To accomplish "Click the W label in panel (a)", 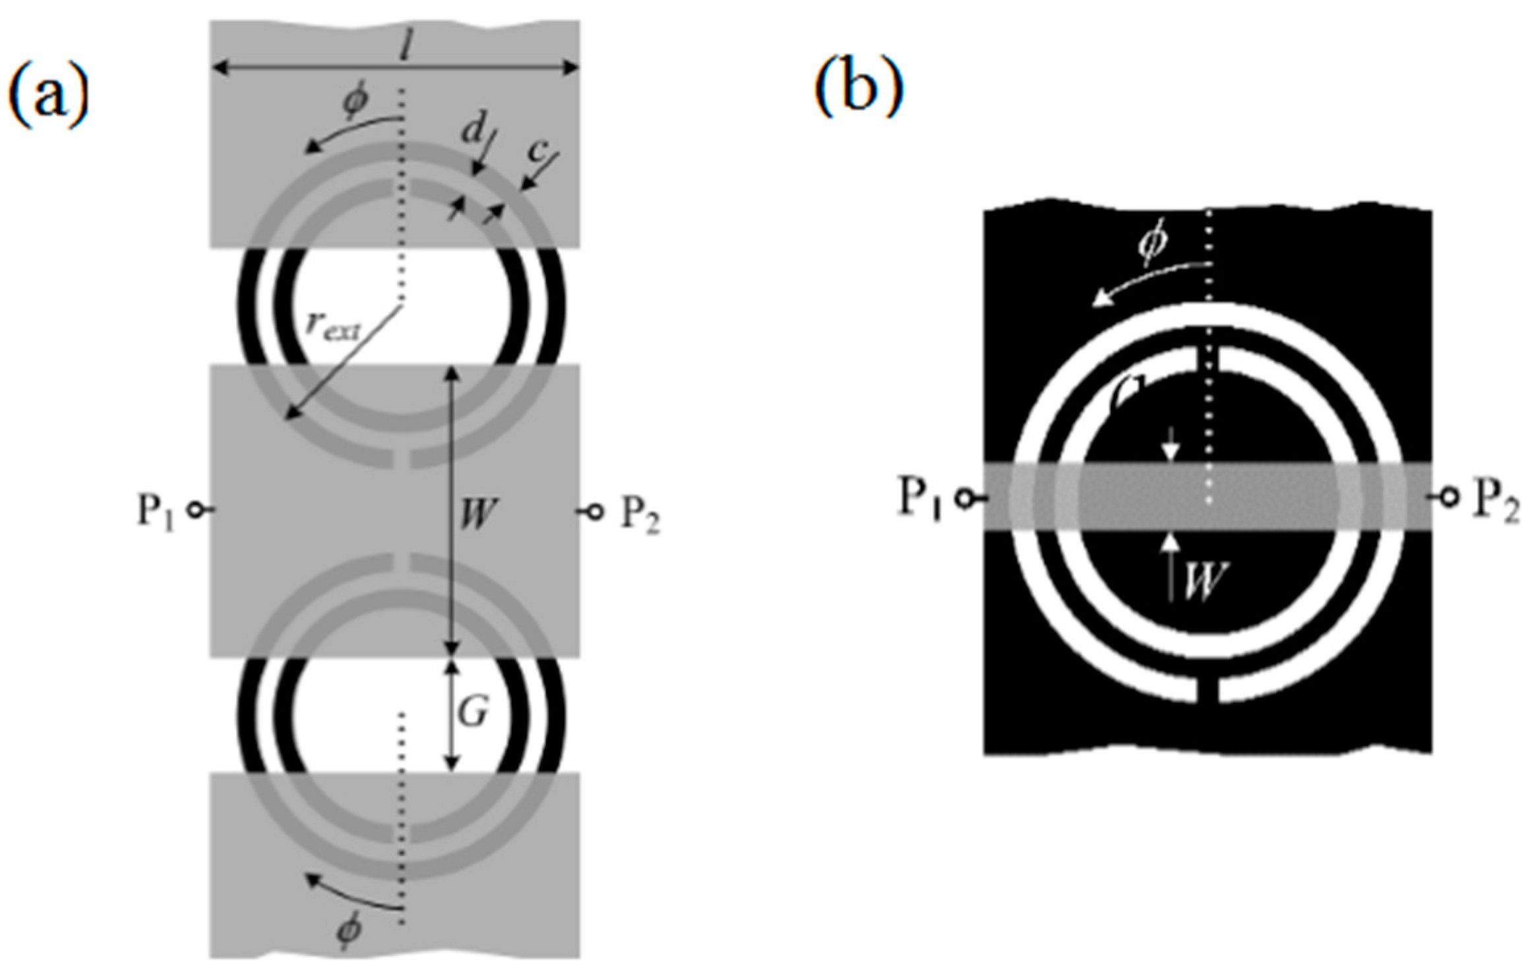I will [477, 514].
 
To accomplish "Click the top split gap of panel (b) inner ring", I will [1207, 360].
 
